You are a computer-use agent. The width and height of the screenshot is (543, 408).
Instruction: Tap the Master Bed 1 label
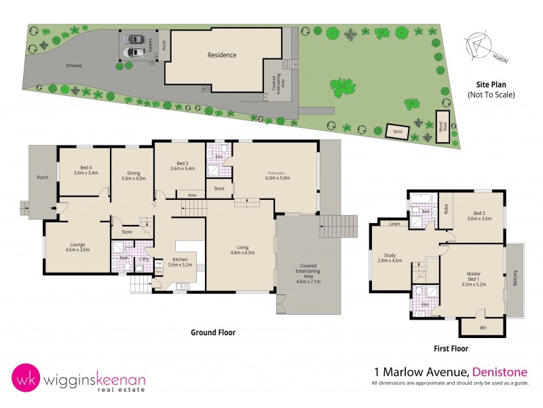click(x=473, y=277)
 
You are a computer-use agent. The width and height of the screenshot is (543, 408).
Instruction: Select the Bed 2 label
click(x=479, y=214)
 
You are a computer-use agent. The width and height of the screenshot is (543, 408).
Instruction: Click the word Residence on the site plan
click(x=222, y=55)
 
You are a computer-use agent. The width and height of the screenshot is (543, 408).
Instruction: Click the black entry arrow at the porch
click(x=53, y=209)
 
